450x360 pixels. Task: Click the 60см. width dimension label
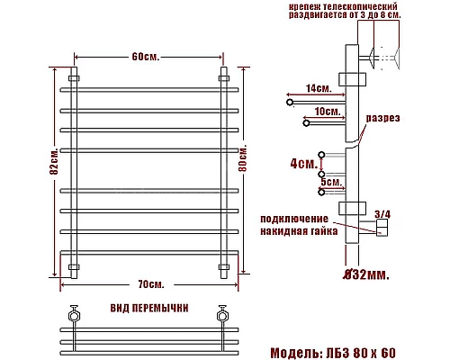coord(145,57)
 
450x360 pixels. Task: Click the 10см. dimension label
coord(327,112)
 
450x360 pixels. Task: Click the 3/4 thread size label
coord(383,213)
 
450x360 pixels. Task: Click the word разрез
coord(382,119)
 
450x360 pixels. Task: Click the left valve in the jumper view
coord(74,318)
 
